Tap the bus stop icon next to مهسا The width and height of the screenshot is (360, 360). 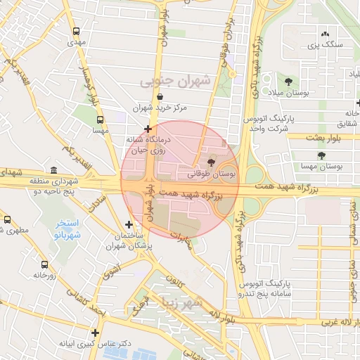pos(101,120)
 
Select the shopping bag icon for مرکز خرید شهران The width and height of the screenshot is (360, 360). pos(161,97)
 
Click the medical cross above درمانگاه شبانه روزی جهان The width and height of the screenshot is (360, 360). pos(148,129)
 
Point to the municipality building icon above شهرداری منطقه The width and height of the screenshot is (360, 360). pos(54,170)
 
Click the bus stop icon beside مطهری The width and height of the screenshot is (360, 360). pos(6,219)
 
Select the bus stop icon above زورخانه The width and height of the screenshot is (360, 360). pos(45,264)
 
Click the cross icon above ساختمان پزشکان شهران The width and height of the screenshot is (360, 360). pos(129,224)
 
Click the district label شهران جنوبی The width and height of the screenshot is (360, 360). pos(175,81)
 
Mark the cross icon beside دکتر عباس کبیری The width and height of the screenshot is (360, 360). pos(95,333)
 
